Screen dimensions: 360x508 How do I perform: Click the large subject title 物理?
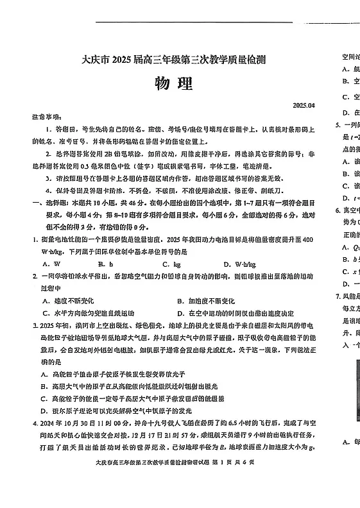(173, 84)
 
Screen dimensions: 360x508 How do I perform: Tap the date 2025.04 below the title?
(304, 105)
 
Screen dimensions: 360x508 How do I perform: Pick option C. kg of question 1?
(171, 264)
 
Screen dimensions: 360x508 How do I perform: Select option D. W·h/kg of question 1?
(240, 264)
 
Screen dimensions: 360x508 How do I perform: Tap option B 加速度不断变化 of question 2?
(205, 301)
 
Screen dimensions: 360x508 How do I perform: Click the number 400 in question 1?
(307, 239)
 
